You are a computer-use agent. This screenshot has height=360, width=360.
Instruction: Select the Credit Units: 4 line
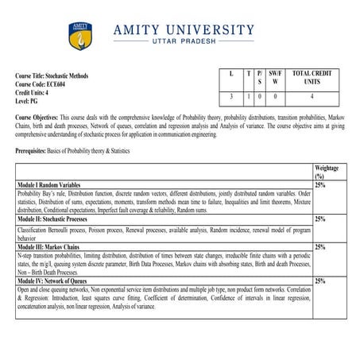[37, 93]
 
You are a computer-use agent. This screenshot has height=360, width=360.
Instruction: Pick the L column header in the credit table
[230, 73]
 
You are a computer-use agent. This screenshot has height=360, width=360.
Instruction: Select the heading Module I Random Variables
[55, 184]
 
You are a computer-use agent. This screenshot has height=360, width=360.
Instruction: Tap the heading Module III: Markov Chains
[52, 247]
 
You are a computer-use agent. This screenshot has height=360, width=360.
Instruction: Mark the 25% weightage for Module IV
[320, 281]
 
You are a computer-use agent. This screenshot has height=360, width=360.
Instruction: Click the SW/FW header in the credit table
[275, 77]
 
